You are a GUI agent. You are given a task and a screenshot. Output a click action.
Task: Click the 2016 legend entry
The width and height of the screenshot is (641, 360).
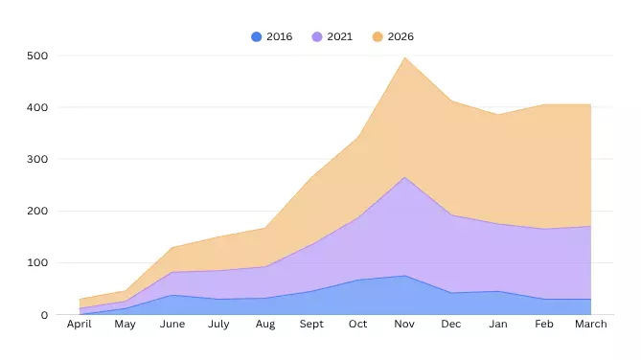point(272,36)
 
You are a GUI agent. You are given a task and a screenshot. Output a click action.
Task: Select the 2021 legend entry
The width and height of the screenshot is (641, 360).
point(332,36)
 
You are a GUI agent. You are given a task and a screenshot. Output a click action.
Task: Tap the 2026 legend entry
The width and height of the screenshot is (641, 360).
point(394,36)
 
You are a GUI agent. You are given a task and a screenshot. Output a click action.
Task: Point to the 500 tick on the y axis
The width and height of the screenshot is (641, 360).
point(36,56)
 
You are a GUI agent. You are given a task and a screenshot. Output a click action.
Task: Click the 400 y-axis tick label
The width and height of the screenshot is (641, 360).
point(36,107)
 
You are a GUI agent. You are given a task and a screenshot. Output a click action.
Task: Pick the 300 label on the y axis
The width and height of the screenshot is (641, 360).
point(36,159)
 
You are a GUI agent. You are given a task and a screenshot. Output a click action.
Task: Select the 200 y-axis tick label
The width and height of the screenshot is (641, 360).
point(36,211)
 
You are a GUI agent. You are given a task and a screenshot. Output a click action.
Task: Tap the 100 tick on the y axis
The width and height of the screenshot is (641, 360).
point(36,262)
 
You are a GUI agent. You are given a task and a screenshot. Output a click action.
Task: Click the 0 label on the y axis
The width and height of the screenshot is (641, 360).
point(44,314)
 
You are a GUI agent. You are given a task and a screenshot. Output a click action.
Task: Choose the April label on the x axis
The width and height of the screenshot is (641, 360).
point(79,325)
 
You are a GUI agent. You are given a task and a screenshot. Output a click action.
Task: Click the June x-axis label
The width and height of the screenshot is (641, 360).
point(172,325)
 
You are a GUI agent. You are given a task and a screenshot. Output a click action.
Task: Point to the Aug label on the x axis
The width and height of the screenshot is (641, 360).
point(265,325)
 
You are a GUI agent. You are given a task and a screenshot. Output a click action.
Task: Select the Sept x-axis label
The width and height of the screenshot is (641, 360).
point(311,325)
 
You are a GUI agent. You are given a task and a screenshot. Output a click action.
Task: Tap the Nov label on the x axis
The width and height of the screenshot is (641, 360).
point(404,325)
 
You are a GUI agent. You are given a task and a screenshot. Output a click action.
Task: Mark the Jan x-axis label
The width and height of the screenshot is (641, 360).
point(498,325)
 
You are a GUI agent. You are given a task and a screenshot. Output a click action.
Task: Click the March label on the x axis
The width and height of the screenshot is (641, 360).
point(591,325)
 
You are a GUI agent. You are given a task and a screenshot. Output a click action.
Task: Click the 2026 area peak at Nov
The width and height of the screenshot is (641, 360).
point(404,57)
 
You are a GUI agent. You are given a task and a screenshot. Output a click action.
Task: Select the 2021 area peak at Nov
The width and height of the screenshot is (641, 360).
point(404,177)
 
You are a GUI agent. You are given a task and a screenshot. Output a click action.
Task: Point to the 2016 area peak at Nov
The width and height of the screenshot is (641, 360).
point(404,276)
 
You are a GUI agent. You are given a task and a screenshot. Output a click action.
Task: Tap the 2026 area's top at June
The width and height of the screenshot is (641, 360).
point(172,248)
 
